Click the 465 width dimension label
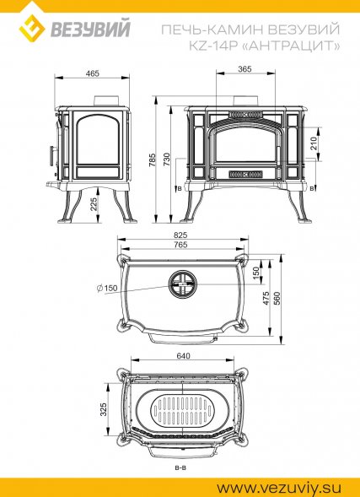[x=93, y=73]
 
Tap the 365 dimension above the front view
[x=245, y=69]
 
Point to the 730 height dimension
[x=167, y=159]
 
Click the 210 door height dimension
[x=314, y=143]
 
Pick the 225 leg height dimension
[x=94, y=204]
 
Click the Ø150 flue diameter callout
[x=107, y=288]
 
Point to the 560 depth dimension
[x=277, y=298]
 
